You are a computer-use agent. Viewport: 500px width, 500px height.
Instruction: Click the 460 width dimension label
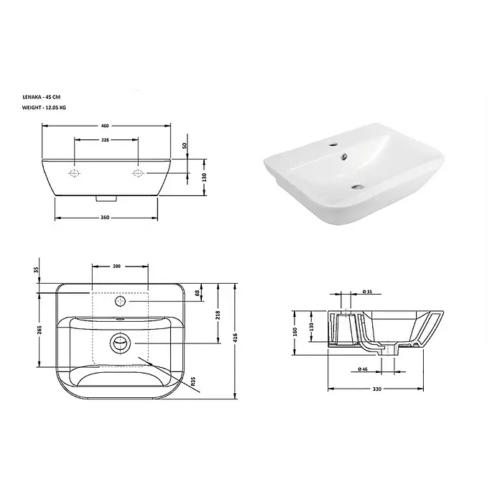(x=105, y=126)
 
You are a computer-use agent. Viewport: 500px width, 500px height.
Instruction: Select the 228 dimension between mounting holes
(x=105, y=139)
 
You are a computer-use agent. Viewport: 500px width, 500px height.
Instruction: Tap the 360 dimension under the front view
(x=105, y=218)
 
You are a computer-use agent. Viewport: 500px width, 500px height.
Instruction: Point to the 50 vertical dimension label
(x=185, y=145)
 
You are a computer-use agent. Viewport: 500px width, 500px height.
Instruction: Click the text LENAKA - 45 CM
(x=41, y=97)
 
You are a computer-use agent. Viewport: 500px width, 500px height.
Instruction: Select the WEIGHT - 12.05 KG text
(x=44, y=108)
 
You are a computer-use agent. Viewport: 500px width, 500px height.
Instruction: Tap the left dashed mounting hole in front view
(x=74, y=173)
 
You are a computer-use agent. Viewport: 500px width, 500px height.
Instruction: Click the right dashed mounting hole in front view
(x=138, y=173)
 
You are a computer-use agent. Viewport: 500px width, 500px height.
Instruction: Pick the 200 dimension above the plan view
(x=116, y=266)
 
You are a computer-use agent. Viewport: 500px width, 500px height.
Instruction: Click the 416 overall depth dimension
(x=236, y=337)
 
